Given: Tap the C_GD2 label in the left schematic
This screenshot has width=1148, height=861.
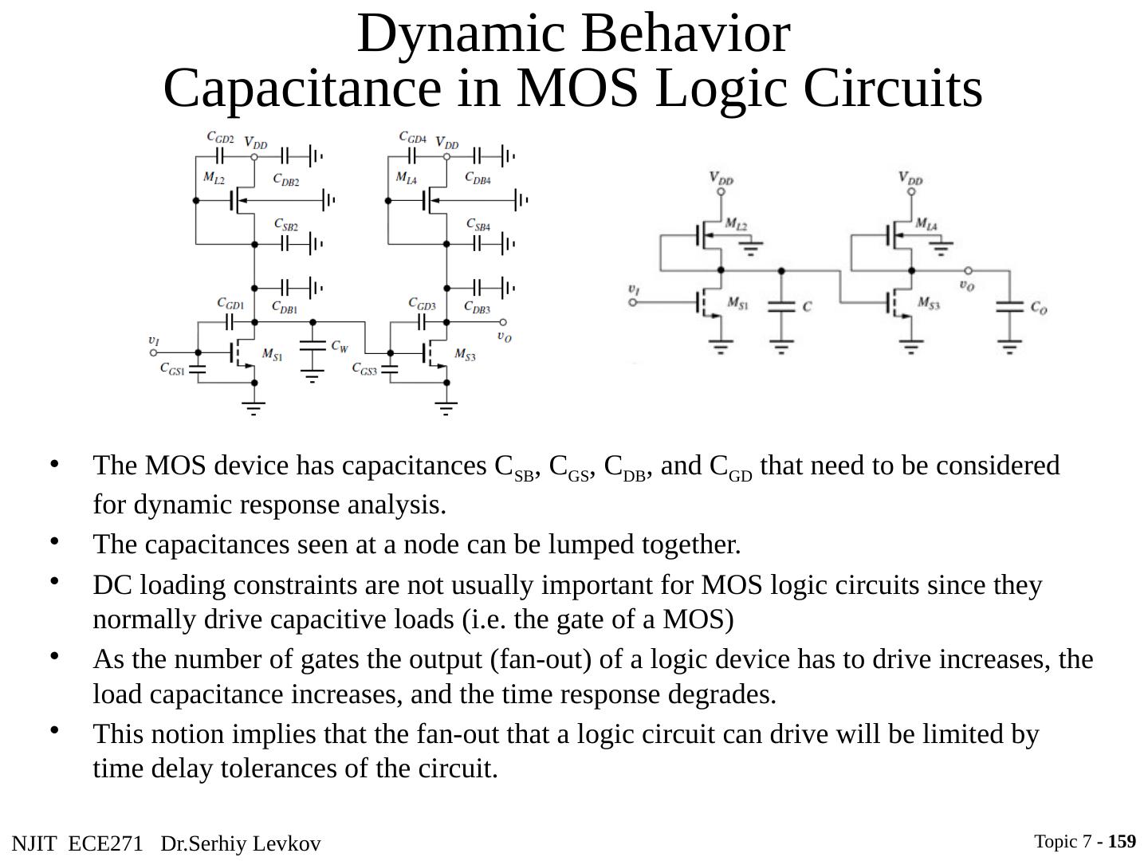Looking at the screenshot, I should [220, 138].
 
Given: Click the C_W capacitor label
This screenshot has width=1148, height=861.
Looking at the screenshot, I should [340, 347].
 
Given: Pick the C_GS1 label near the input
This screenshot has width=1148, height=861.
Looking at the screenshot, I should [172, 369].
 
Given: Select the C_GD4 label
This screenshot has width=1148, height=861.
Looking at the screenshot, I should [413, 138].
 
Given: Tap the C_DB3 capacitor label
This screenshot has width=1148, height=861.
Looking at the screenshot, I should [477, 307].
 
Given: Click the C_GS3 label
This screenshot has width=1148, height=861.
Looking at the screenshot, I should [364, 369].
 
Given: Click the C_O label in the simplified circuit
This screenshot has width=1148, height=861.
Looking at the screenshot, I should [1038, 308].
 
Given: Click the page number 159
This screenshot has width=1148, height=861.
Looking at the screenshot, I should [1122, 842].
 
